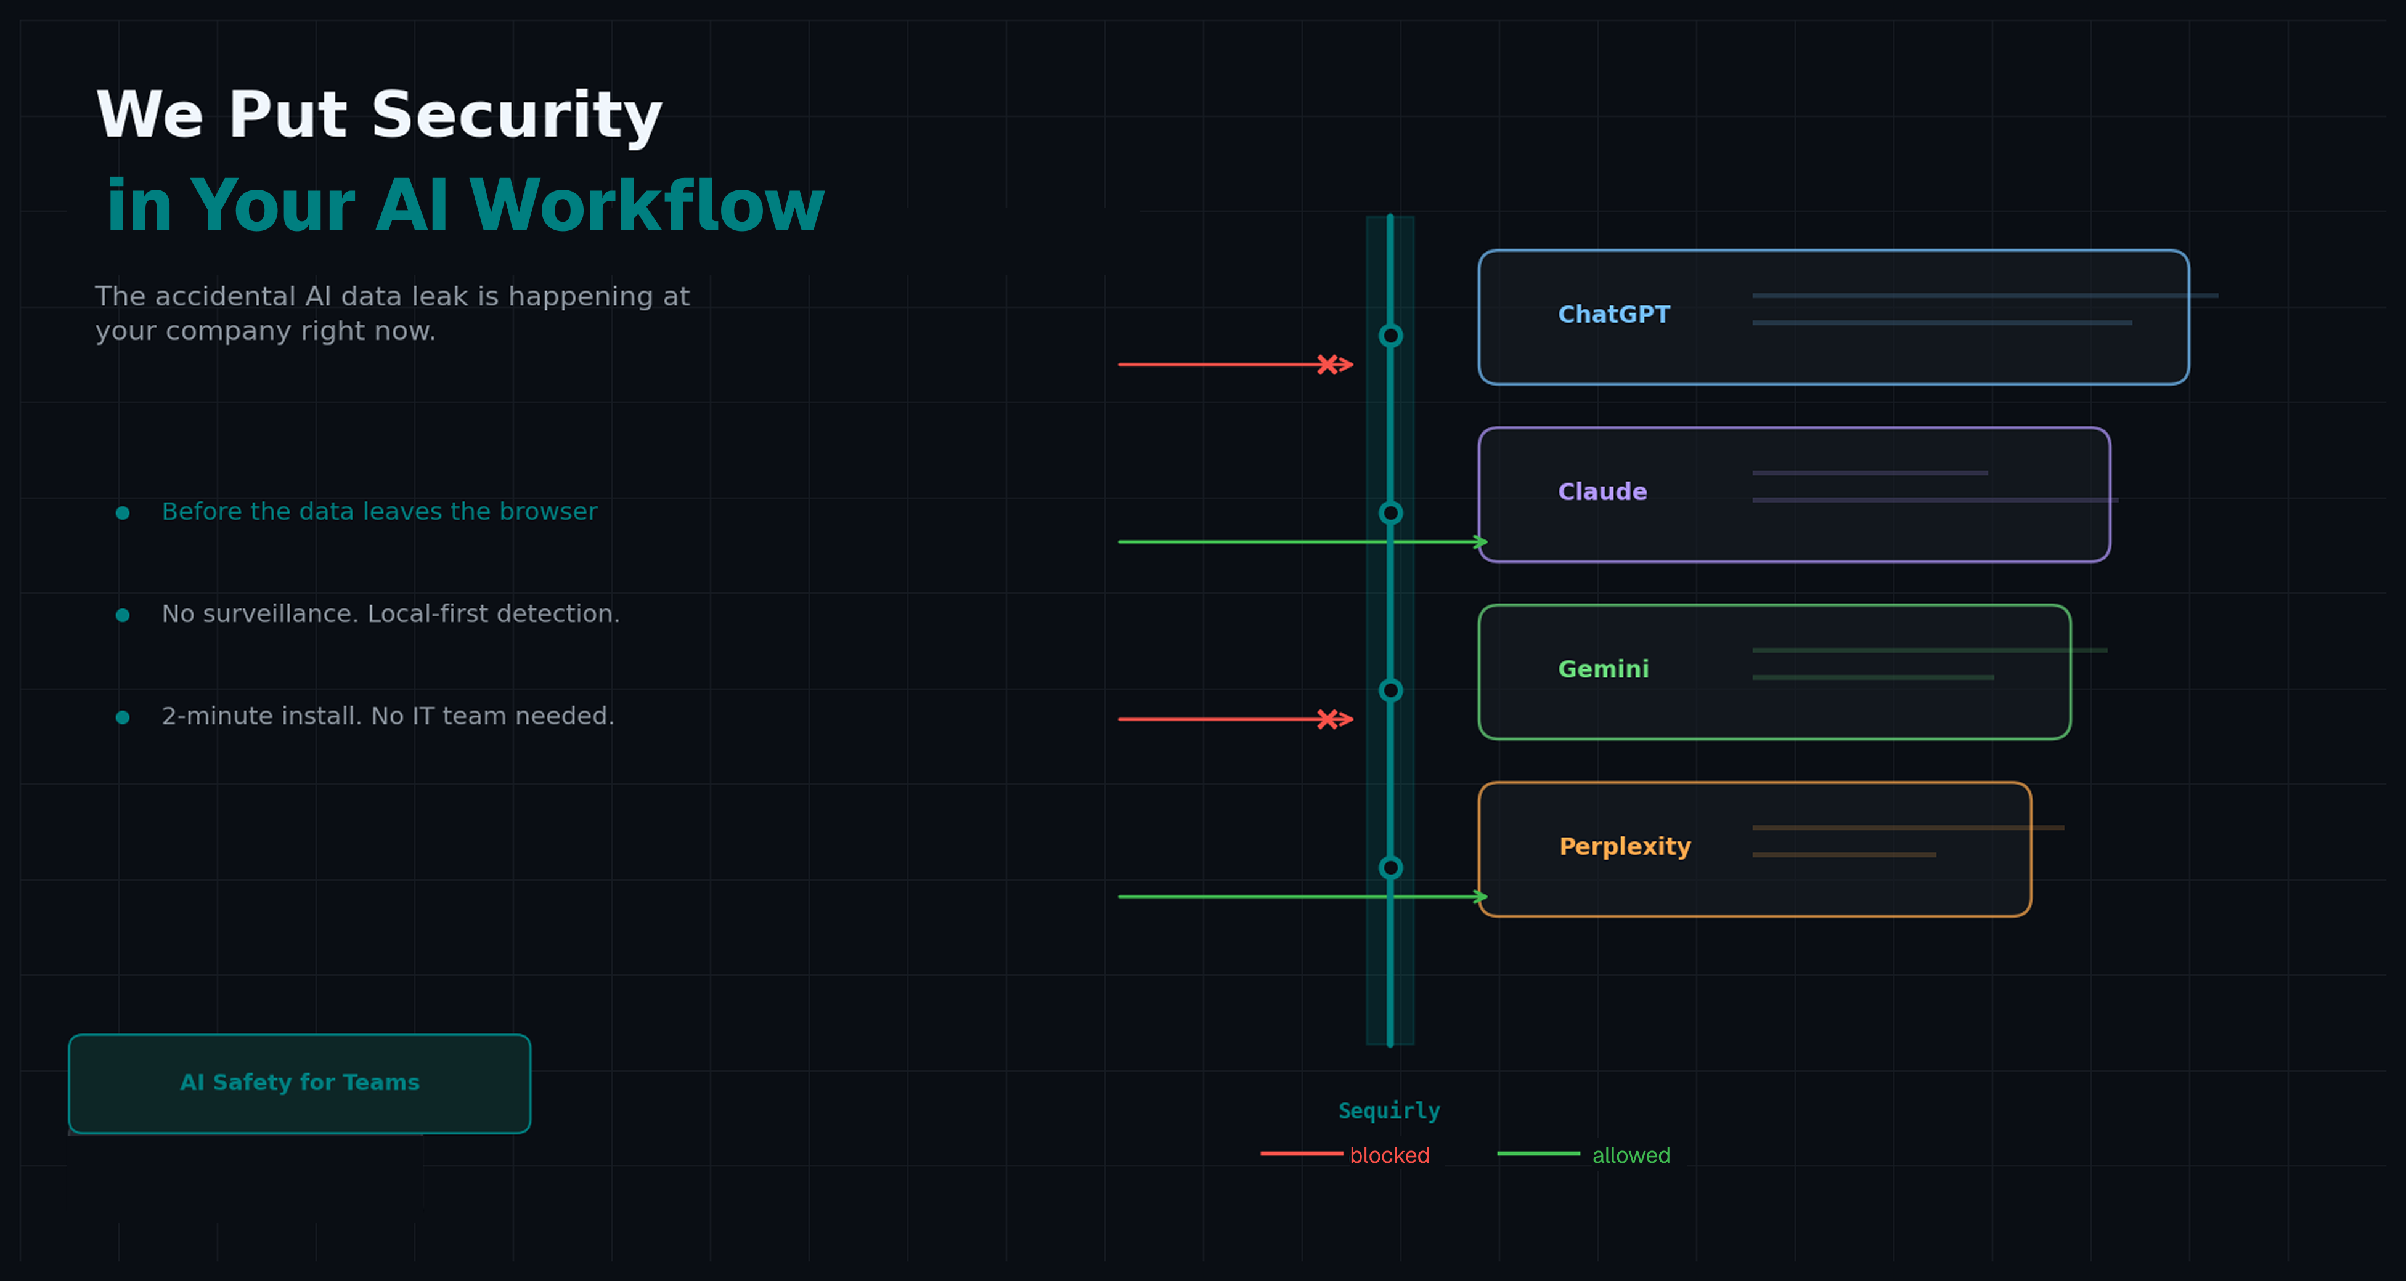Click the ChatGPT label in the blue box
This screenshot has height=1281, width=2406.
pos(1613,315)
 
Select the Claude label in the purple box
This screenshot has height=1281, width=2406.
pos(1602,492)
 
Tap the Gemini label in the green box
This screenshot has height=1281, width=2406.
pos(1603,669)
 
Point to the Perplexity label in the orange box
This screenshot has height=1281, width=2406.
pos(1625,847)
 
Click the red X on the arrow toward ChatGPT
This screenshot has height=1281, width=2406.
pos(1326,364)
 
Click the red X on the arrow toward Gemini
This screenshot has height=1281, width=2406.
pos(1326,719)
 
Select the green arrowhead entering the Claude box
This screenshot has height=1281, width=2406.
pos(1480,541)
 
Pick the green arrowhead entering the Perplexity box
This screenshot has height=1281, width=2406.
pos(1480,896)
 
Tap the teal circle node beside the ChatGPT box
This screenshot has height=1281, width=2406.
pos(1390,335)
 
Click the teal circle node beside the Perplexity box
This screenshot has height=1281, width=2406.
pos(1390,867)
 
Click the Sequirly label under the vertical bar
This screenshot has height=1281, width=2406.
pos(1389,1110)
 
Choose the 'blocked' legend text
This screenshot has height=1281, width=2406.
pos(1389,1155)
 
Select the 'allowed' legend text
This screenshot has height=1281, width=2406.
pos(1630,1155)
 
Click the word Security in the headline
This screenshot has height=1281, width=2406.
pos(516,116)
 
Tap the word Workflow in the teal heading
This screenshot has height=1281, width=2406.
pos(646,206)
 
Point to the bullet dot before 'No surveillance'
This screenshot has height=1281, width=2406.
pos(123,615)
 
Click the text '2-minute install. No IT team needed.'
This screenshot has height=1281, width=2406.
pos(388,716)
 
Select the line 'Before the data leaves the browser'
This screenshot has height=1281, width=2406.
pos(379,512)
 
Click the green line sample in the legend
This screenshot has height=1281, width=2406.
pos(1538,1154)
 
